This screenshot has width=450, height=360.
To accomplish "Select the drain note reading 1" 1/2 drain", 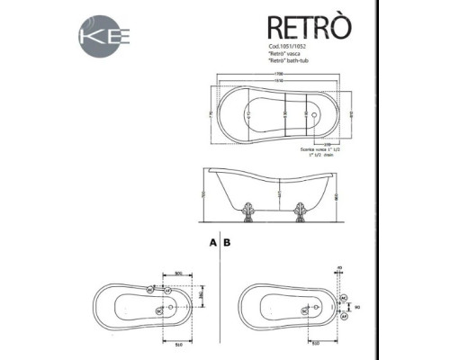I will click(x=314, y=156).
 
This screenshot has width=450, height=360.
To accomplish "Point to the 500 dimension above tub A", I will click(x=177, y=273).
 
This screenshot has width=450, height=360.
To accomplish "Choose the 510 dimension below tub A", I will click(x=178, y=343).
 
